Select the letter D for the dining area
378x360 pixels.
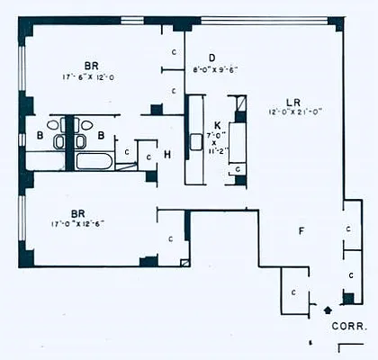coord(211,56)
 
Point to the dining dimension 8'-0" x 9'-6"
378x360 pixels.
coord(214,68)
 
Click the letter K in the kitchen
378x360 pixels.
coord(216,125)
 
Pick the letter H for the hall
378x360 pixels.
coord(167,154)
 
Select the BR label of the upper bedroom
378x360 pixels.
coord(91,66)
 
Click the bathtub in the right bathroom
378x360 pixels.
coord(94,163)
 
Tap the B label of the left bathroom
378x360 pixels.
coord(40,135)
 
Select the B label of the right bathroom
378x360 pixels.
coord(102,136)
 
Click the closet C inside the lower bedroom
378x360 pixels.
coord(171,238)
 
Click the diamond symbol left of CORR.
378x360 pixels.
coord(328,310)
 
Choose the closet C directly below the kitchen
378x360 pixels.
coord(238,169)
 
